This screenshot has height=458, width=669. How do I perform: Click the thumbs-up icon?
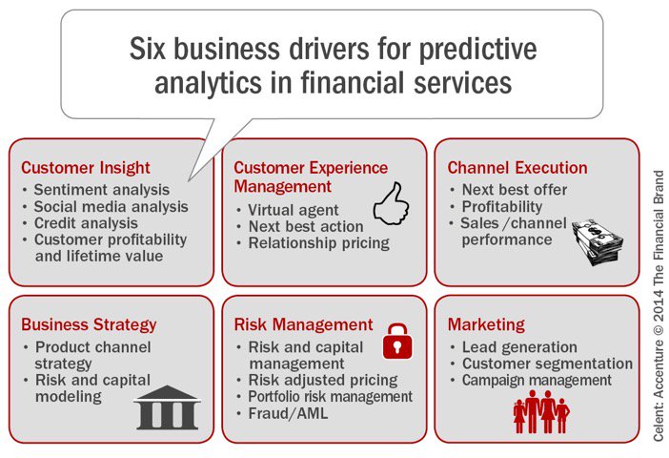click(389, 203)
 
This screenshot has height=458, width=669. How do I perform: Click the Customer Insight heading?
click(86, 168)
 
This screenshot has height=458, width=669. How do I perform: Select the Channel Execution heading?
click(517, 168)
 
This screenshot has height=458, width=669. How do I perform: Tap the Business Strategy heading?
click(89, 324)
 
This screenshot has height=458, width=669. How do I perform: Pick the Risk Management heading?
click(303, 324)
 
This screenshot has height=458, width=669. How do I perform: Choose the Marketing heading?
click(486, 324)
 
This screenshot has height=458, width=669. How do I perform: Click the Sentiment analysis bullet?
click(101, 190)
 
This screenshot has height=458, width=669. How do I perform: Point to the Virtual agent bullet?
click(293, 210)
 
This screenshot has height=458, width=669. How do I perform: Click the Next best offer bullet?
click(516, 190)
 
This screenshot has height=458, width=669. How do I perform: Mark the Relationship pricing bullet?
click(318, 242)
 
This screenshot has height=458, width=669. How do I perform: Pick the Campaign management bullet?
click(537, 380)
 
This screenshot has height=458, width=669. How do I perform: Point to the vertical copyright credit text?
click(658, 305)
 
